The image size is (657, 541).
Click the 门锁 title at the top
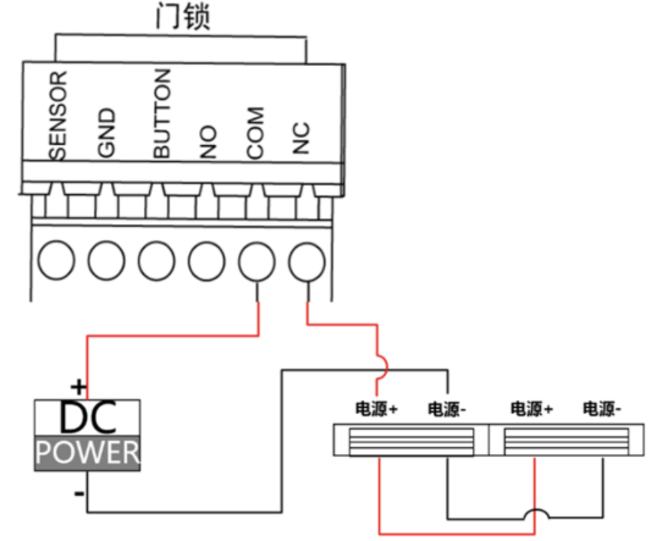coord(183,17)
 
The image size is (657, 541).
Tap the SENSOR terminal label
coord(58,116)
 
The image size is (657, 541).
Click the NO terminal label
coord(208,142)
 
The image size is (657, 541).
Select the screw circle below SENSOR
coord(57,262)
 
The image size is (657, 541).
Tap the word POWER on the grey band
coord(88,453)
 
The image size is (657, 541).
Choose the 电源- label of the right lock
coord(602,410)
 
